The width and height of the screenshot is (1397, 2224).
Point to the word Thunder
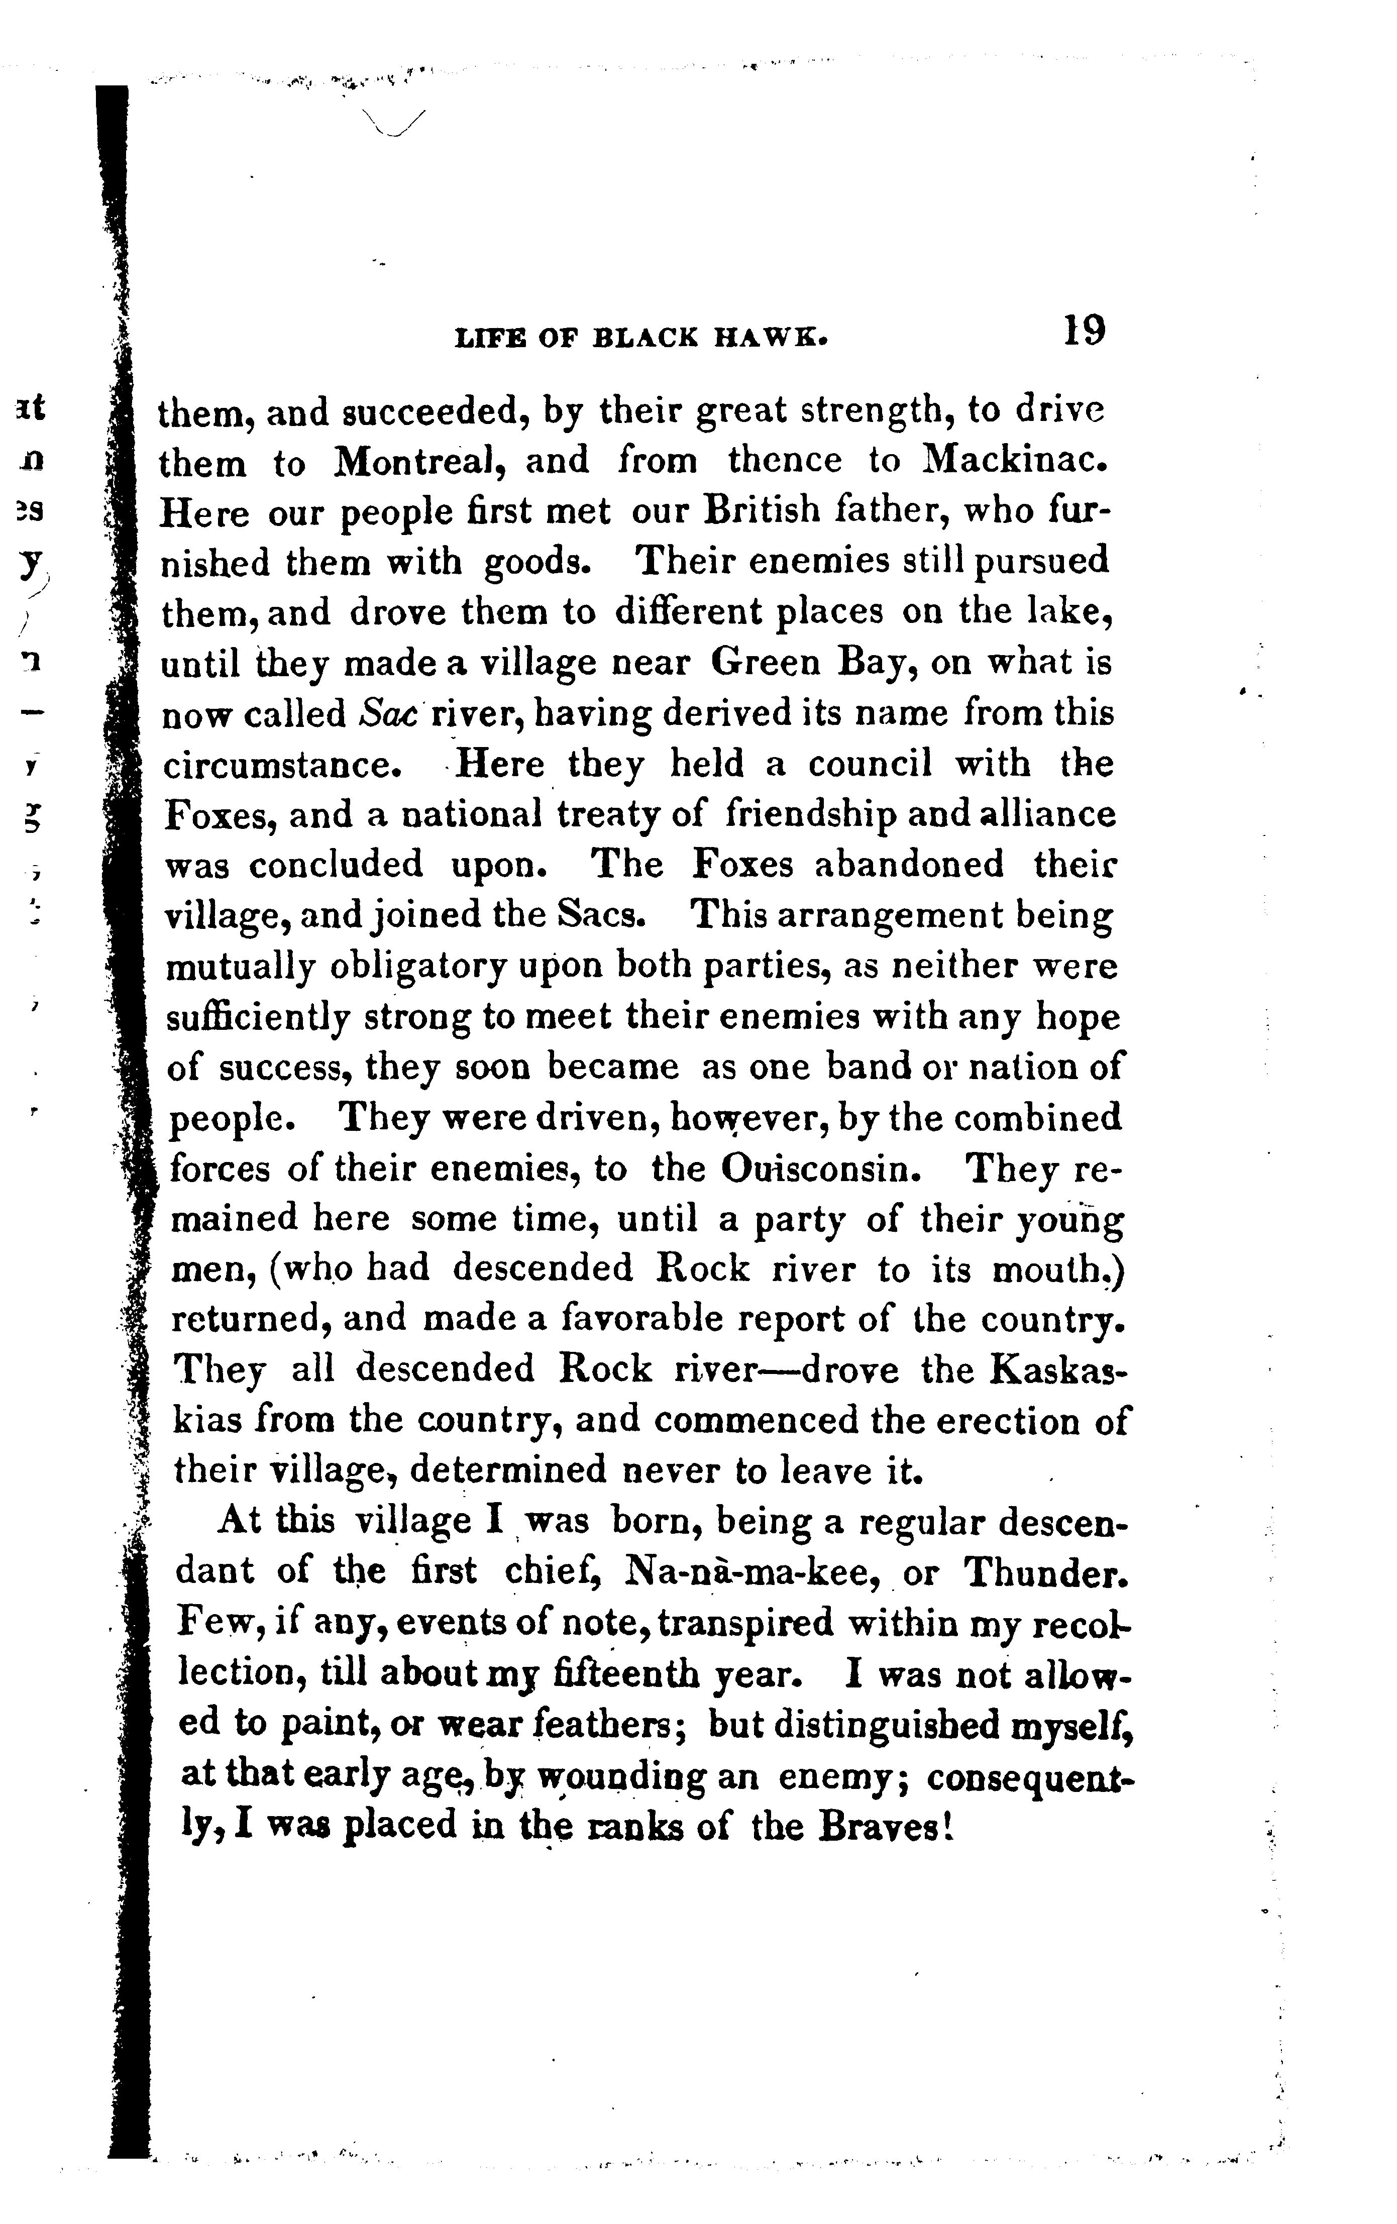[x=1048, y=1571]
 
